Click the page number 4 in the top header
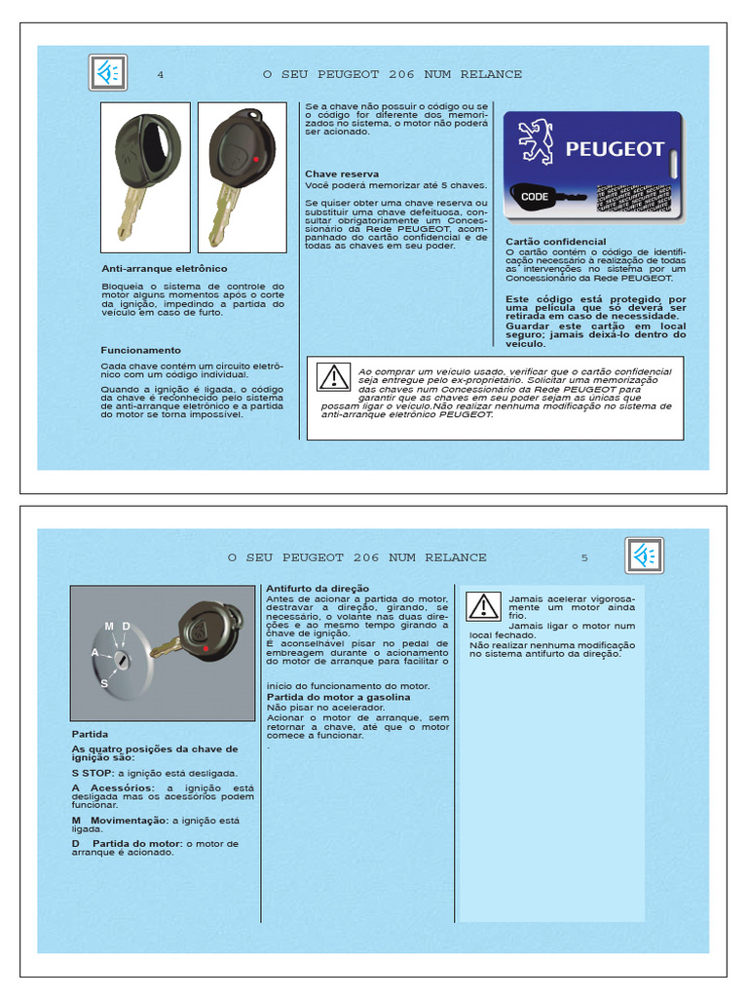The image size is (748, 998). pos(160,75)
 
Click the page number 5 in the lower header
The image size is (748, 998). pos(584,558)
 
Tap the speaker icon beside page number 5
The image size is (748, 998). pos(644,556)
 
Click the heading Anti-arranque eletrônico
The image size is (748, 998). pos(164,268)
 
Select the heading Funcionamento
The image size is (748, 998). pos(141,350)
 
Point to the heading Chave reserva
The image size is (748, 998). pos(342,174)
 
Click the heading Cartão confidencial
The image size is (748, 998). pos(556,242)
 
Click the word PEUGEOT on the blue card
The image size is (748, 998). pos(615,150)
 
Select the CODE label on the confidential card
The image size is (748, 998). pos(535,196)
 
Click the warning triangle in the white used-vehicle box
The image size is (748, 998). pos(333,376)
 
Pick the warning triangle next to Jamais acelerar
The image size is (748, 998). pos(483,606)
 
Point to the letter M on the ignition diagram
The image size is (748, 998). pos(109,625)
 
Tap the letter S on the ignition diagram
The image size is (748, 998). pos(104,684)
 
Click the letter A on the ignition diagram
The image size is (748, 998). pos(94,651)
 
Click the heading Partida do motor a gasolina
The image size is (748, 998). pos(338,697)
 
